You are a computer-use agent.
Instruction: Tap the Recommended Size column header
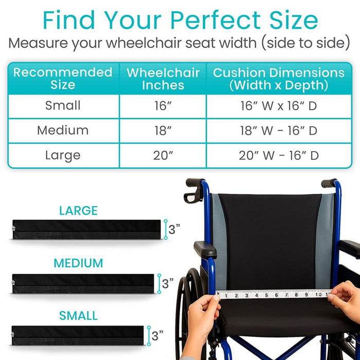[x=63, y=78]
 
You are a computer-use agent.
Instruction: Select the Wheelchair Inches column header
[x=163, y=78]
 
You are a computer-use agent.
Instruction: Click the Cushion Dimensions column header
[x=278, y=78]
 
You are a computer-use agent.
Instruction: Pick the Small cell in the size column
[x=63, y=106]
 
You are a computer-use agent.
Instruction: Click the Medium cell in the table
[x=63, y=131]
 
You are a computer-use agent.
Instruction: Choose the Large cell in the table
[x=63, y=155]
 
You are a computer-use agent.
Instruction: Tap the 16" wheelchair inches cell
[x=163, y=106]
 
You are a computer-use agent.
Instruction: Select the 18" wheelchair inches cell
[x=163, y=131]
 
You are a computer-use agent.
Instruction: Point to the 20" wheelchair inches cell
[x=163, y=155]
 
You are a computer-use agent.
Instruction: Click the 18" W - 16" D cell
[x=278, y=131]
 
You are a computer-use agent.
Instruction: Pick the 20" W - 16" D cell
[x=278, y=155]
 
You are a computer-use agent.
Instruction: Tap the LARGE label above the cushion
[x=78, y=210]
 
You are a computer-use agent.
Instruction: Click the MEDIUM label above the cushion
[x=78, y=263]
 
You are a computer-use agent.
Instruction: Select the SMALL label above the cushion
[x=78, y=315]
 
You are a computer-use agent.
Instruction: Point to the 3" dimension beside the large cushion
[x=174, y=230]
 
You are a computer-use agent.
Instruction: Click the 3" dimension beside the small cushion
[x=157, y=336]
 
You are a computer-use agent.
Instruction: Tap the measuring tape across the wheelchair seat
[x=273, y=295]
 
